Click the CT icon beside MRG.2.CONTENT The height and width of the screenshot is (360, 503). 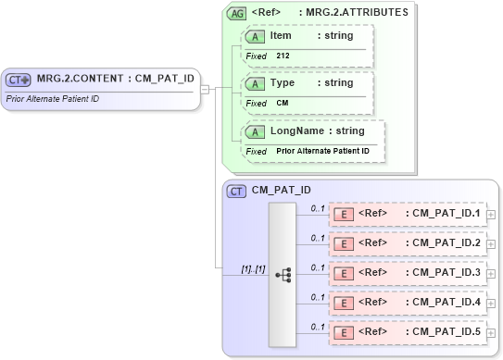point(19,79)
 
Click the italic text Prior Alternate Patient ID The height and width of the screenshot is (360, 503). point(53,98)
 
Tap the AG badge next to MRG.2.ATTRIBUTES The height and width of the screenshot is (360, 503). point(237,13)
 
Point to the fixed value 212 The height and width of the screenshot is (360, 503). point(283,56)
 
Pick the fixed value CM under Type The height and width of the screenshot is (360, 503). point(283,103)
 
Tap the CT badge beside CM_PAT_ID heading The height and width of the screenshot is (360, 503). point(237,192)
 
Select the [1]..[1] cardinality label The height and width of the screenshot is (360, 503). point(254,269)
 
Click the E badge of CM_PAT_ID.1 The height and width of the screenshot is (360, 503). point(342,215)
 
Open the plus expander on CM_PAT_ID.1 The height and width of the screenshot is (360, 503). point(491,215)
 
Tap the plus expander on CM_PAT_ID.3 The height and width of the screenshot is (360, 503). point(491,273)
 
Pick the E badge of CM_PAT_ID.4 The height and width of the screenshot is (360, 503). point(342,303)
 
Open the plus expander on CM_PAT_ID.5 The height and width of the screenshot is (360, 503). point(491,332)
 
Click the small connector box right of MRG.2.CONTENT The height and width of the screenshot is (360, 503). point(205,88)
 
